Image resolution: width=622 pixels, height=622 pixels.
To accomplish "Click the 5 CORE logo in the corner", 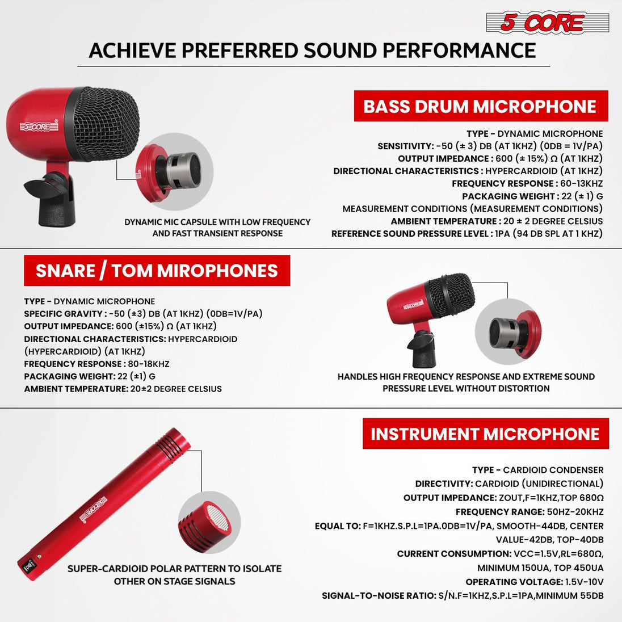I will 547,23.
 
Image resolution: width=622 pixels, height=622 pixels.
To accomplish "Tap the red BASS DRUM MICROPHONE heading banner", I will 480,106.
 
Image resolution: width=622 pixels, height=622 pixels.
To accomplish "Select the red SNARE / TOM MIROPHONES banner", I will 157,271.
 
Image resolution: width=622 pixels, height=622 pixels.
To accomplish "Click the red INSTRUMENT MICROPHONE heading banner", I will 485,434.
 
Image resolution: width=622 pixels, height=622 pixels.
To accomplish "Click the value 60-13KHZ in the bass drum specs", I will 580,183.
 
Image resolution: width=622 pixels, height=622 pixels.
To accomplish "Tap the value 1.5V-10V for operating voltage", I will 584,582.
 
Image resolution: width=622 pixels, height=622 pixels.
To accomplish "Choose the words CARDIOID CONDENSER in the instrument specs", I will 553,470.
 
